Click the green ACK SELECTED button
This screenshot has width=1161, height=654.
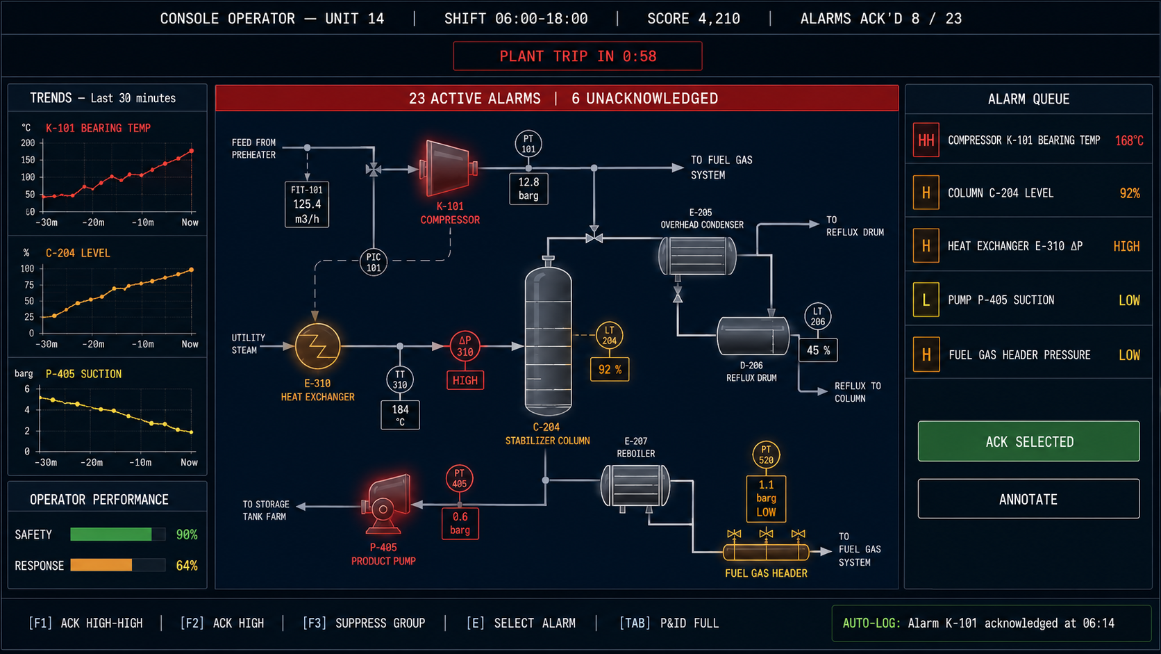(x=1028, y=441)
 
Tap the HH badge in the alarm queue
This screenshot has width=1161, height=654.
(x=926, y=140)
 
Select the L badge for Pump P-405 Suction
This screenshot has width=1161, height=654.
(x=926, y=300)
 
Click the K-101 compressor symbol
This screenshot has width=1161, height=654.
(x=449, y=168)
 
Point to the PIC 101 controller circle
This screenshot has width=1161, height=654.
(x=373, y=262)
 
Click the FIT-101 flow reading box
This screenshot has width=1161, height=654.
(x=307, y=204)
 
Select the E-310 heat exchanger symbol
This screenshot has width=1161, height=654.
(x=318, y=346)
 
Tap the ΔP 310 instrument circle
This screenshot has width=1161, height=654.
(x=465, y=346)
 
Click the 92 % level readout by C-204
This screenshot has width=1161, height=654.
(x=610, y=369)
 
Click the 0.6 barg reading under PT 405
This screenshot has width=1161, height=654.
(x=460, y=523)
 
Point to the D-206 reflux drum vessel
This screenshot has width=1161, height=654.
(x=753, y=336)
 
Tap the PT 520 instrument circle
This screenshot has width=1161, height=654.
(x=765, y=455)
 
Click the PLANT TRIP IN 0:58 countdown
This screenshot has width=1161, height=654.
(x=578, y=56)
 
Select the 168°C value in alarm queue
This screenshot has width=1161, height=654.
(x=1129, y=140)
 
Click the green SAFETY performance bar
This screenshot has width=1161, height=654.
(x=111, y=534)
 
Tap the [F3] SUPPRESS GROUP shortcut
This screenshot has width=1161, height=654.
(x=364, y=623)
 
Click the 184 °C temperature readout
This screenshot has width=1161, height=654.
(x=400, y=415)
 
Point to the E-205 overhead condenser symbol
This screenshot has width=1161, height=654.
(x=697, y=256)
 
